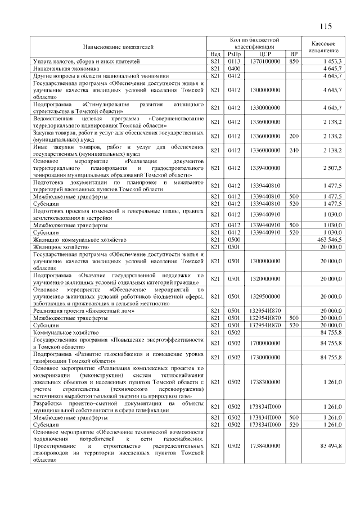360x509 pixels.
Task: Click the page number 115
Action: tap(325, 26)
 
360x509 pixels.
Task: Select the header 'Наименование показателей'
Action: tap(119, 47)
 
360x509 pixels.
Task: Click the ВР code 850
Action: tap(293, 61)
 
